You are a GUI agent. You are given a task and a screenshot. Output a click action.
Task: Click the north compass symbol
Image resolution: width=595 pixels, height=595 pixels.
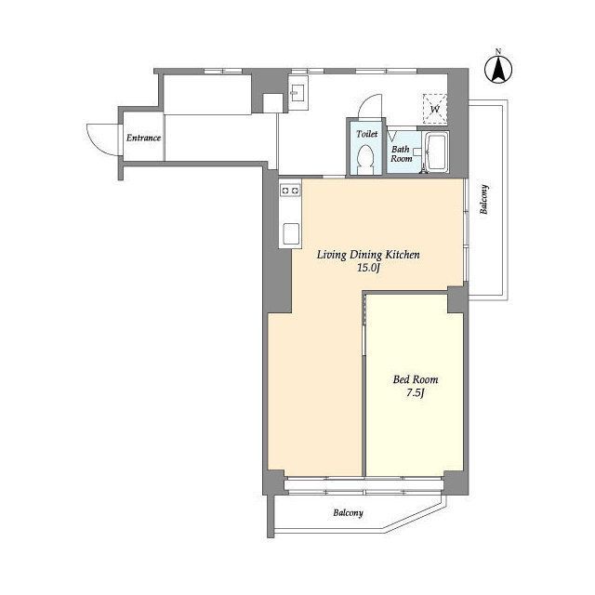[498, 70]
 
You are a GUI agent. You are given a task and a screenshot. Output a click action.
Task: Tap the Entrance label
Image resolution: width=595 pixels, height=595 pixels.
[143, 138]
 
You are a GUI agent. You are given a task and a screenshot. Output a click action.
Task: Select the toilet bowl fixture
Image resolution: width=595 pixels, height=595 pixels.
[366, 159]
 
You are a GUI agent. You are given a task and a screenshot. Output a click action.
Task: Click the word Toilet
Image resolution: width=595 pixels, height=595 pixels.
[367, 134]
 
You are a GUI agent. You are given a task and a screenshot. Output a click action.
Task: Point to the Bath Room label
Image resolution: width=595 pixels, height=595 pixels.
[401, 153]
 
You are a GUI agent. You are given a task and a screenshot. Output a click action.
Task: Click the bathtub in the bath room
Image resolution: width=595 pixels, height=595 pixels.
[437, 152]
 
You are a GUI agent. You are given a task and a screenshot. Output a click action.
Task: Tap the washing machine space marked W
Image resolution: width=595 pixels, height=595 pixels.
[435, 110]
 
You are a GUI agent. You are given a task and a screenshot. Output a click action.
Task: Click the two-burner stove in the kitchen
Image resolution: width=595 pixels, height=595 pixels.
[290, 190]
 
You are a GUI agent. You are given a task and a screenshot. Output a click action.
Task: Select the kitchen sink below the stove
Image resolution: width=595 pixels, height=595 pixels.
[291, 233]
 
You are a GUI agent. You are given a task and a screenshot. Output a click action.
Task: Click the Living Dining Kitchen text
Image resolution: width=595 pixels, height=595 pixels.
[368, 255]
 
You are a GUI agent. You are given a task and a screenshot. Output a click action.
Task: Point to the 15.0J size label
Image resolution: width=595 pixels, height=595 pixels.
[368, 268]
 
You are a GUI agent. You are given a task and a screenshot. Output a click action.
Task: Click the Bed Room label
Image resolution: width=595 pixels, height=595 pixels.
[416, 379]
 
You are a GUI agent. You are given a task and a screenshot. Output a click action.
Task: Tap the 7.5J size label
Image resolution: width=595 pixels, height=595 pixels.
[416, 392]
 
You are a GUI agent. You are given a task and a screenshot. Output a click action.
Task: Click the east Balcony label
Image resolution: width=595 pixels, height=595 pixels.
[483, 200]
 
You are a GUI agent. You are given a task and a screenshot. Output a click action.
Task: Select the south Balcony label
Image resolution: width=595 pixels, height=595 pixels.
[348, 512]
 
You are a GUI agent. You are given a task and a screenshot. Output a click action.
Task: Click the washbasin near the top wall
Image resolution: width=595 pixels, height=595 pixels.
[297, 93]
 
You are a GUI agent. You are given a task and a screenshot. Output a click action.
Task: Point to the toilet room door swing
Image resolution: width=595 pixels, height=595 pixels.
[369, 105]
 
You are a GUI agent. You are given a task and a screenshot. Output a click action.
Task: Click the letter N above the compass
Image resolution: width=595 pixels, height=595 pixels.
[498, 51]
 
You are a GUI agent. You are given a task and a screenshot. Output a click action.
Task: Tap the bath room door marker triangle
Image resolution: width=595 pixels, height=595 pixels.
[391, 136]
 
